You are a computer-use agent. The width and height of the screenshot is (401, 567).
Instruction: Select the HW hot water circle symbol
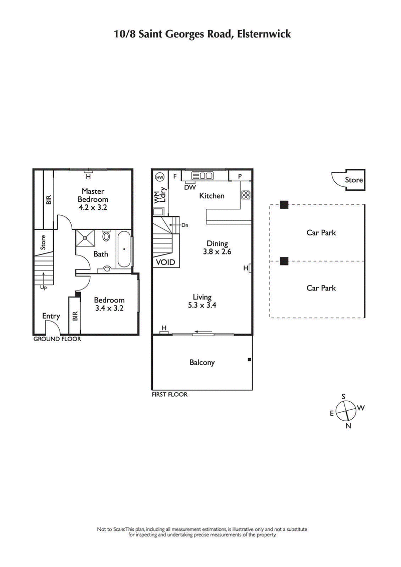coord(160,177)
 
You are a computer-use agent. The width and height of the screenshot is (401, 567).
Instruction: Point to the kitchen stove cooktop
coord(246,195)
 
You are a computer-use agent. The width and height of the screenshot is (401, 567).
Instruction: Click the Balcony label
coord(202,362)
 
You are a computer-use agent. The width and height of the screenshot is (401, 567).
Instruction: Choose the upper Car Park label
coord(321,232)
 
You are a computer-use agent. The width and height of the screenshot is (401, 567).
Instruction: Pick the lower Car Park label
coord(321,288)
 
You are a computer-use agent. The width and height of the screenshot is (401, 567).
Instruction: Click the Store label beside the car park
coord(354,180)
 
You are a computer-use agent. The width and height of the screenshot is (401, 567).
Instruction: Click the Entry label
coord(51,316)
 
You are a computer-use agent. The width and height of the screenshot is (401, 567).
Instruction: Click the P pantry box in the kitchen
coord(240,176)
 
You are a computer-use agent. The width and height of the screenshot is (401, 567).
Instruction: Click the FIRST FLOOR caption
coord(169,395)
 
